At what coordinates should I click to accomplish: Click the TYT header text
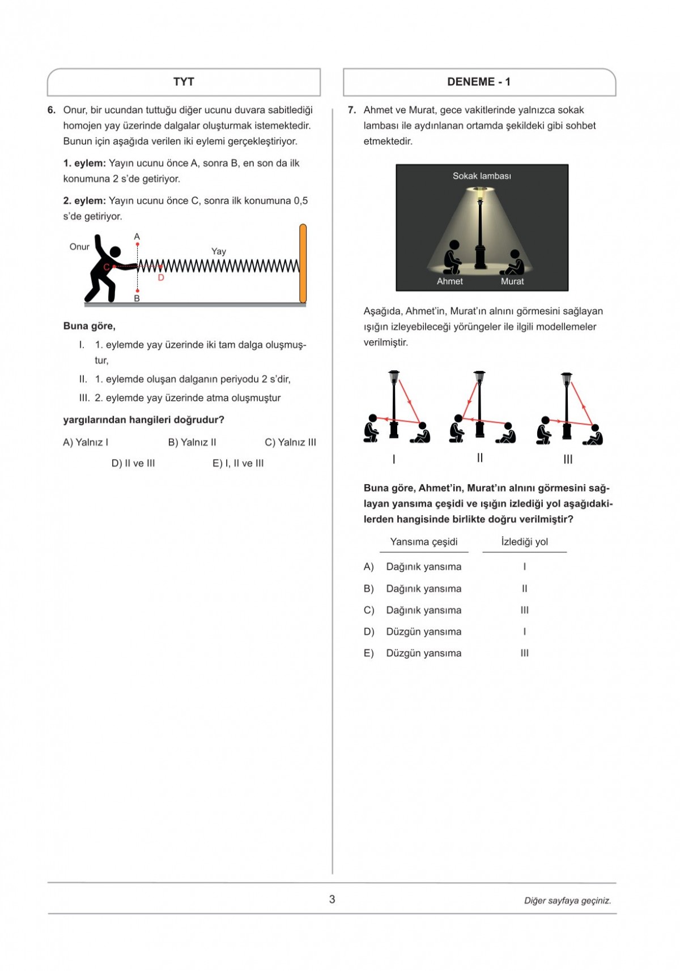tap(184, 82)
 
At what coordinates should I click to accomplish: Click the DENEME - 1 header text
tap(479, 82)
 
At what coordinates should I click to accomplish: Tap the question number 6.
tap(52, 110)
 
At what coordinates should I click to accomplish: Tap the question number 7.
tap(352, 110)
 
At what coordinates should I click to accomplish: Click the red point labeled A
tap(137, 245)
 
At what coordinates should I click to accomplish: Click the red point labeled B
tap(137, 290)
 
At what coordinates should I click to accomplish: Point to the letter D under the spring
tap(161, 277)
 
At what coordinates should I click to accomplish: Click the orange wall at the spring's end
tap(303, 263)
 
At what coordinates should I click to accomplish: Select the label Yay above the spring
tap(219, 251)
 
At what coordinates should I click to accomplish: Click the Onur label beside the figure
tap(79, 247)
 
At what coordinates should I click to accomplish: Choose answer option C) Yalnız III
tap(290, 442)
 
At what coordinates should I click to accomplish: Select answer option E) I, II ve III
tap(238, 463)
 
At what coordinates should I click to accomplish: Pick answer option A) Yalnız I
tap(86, 442)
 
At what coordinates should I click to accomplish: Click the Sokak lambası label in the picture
tap(482, 176)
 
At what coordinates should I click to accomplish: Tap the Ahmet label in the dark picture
tap(450, 281)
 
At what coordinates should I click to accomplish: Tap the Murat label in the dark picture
tap(512, 281)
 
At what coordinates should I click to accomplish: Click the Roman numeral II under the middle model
tap(480, 457)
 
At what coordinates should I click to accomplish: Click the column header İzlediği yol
tap(524, 542)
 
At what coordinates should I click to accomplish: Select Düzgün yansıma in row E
tap(423, 653)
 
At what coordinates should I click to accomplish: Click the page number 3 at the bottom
tap(332, 899)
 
